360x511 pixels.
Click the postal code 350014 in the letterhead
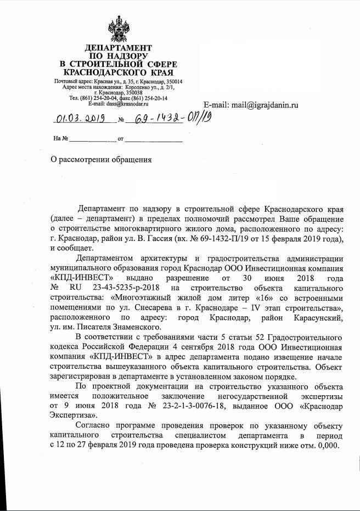[x=172, y=82]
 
